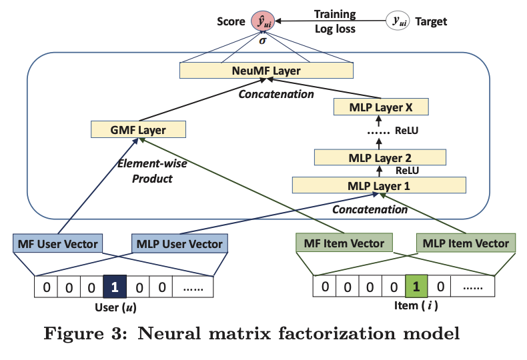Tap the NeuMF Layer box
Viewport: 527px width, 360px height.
coord(266,70)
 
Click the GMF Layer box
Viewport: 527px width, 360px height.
coord(138,129)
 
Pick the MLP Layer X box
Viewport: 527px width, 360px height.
coord(380,107)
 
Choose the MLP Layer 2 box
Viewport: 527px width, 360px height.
coord(380,159)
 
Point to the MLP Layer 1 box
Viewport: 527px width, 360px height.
coord(380,185)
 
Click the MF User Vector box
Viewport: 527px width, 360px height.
coord(58,243)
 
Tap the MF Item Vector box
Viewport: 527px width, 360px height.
coord(344,243)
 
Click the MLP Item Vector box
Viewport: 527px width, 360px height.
coord(466,243)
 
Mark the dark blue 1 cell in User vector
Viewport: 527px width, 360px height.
coord(114,287)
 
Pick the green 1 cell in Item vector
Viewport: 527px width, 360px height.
coord(416,287)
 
